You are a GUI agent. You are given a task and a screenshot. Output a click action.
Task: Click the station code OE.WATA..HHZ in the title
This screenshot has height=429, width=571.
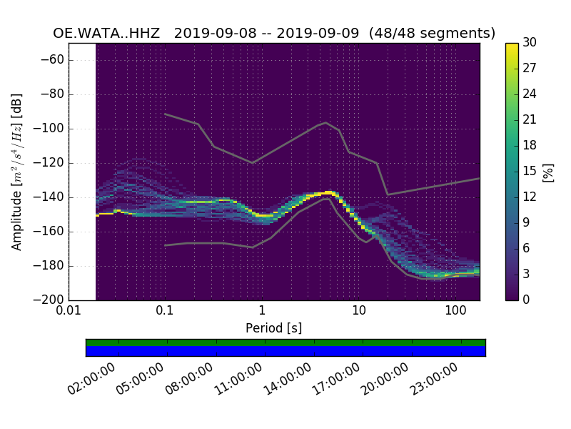(x=108, y=34)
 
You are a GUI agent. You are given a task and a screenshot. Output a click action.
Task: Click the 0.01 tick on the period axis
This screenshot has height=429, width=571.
(x=69, y=310)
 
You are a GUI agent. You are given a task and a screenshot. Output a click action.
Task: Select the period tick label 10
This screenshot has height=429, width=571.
(x=358, y=310)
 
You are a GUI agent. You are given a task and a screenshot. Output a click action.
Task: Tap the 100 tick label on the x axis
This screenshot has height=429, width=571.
(x=455, y=310)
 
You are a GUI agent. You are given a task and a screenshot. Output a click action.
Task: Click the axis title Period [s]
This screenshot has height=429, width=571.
(x=273, y=328)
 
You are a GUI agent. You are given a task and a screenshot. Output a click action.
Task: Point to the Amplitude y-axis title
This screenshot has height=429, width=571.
(x=17, y=172)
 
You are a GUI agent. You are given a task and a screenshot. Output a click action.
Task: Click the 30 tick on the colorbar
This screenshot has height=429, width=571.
(x=530, y=43)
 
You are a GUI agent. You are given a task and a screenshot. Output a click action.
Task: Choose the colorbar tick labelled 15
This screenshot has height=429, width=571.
(x=530, y=171)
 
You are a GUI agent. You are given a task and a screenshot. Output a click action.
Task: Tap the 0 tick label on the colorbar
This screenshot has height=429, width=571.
(x=527, y=300)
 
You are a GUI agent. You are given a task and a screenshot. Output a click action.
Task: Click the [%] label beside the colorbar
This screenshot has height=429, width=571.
(x=548, y=172)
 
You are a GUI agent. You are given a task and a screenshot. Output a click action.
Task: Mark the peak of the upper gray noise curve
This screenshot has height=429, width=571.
(x=326, y=122)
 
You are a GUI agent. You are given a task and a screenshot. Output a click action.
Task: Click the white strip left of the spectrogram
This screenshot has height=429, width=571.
(x=82, y=172)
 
